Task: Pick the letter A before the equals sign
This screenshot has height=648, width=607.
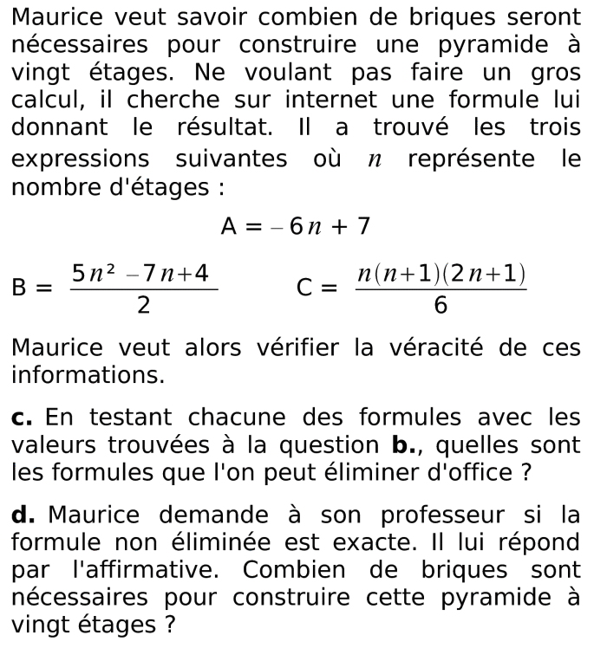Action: click(229, 227)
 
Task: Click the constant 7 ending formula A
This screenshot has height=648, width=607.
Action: click(363, 227)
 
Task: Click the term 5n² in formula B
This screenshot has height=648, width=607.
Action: click(92, 274)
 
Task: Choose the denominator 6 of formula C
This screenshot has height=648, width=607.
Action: click(441, 304)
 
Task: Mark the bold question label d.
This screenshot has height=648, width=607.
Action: click(22, 515)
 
